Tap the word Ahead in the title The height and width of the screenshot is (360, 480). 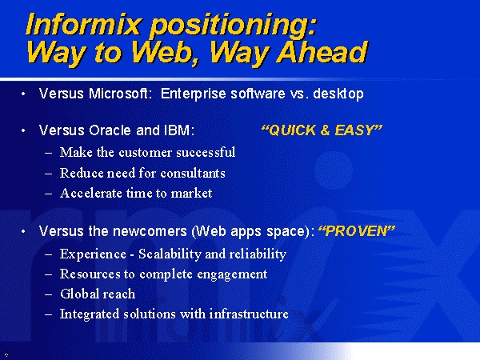click(322, 52)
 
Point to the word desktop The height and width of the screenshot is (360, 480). click(338, 94)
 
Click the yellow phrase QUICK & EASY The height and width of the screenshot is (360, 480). click(322, 130)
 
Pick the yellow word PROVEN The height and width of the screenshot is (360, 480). click(357, 231)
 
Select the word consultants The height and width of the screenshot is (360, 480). click(193, 174)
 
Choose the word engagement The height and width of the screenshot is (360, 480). click(232, 274)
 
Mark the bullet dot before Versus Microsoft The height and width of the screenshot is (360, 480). click(23, 94)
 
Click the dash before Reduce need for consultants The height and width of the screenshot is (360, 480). click(48, 174)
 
